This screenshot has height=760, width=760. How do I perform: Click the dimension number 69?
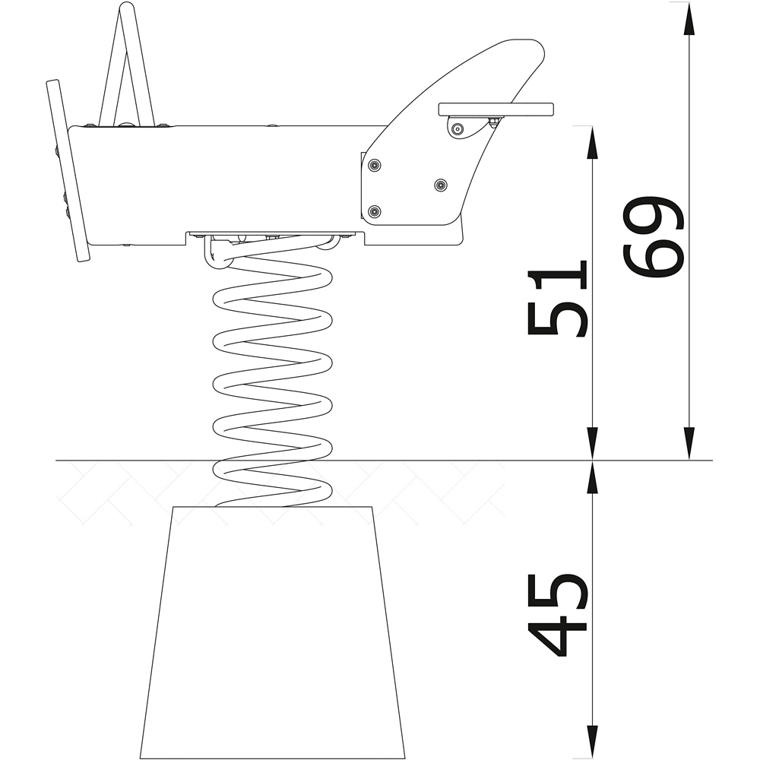coord(653,237)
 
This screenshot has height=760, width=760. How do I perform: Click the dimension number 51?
coord(557,298)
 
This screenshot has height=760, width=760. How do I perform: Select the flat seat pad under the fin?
coord(496,109)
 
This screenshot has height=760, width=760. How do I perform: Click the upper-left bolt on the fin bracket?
coord(374,166)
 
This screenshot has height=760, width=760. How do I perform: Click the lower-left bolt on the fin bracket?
coord(374,212)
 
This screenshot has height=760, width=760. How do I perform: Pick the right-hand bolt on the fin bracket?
coord(441,185)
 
